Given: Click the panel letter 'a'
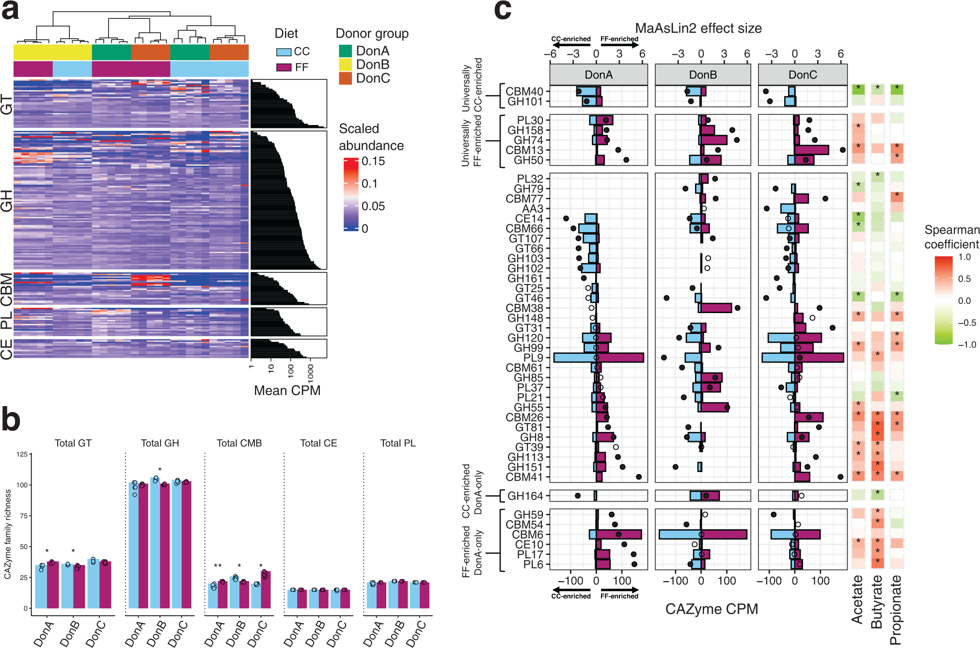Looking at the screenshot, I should pyautogui.click(x=11, y=11).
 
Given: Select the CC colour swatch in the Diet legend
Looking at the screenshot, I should pyautogui.click(x=284, y=52).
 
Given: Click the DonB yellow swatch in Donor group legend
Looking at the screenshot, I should pyautogui.click(x=345, y=64).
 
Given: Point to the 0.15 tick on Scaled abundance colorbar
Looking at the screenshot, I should pyautogui.click(x=373, y=161).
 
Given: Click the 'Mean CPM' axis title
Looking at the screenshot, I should pyautogui.click(x=287, y=391).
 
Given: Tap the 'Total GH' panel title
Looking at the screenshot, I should pyautogui.click(x=160, y=443).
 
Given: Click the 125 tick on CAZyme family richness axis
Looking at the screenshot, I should pyautogui.click(x=22, y=455).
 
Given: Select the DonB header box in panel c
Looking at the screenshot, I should pyautogui.click(x=702, y=75).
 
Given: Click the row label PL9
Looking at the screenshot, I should pyautogui.click(x=533, y=358).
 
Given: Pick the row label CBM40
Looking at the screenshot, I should pyautogui.click(x=524, y=92).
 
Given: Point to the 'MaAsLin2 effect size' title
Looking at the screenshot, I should pyautogui.click(x=698, y=29).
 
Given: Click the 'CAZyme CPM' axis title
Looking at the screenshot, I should pyautogui.click(x=711, y=609).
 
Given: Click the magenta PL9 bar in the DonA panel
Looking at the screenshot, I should pyautogui.click(x=620, y=358).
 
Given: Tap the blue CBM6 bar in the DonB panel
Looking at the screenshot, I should pyautogui.click(x=680, y=535).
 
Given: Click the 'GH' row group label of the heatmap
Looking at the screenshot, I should pyautogui.click(x=6, y=201).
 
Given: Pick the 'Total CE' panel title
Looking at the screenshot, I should pyautogui.click(x=318, y=443).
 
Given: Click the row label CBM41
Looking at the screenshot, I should pyautogui.click(x=524, y=477).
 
